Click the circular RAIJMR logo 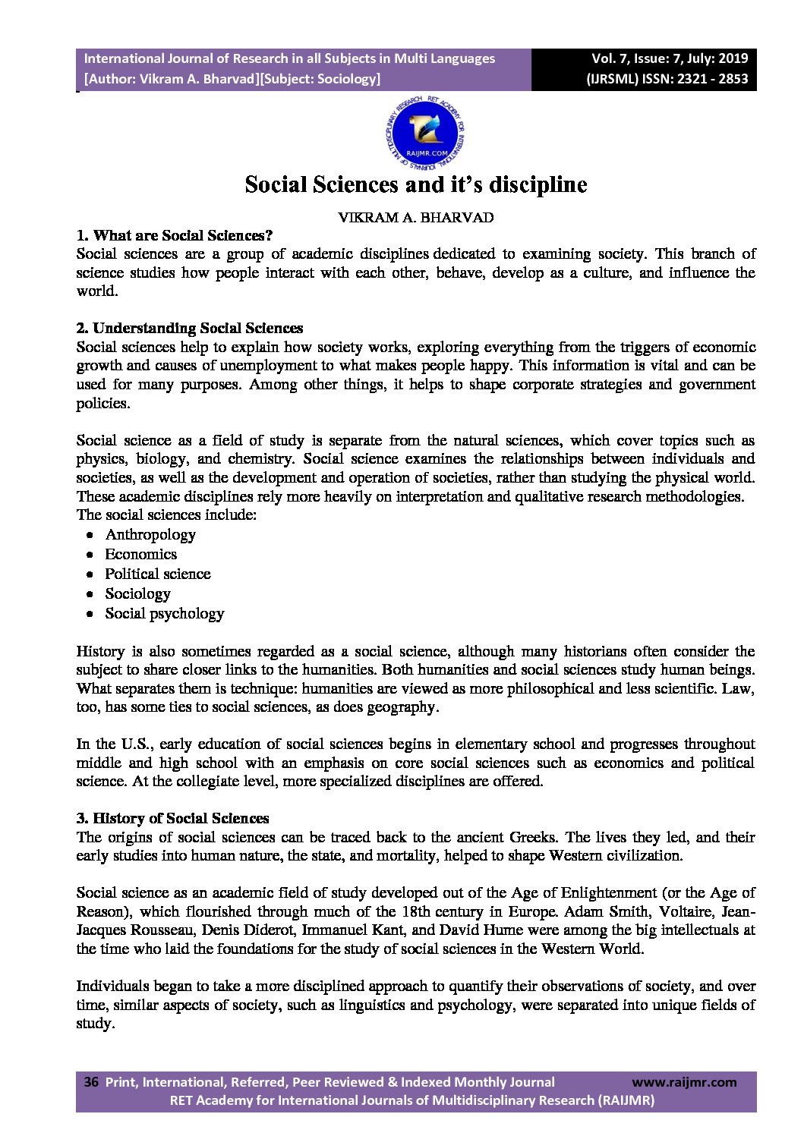pyautogui.click(x=424, y=134)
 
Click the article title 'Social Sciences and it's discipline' pyautogui.click(x=415, y=184)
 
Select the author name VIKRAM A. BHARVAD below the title pyautogui.click(x=415, y=218)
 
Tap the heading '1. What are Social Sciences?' pyautogui.click(x=174, y=235)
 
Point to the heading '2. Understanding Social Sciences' pyautogui.click(x=189, y=329)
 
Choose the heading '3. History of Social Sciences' pyautogui.click(x=172, y=819)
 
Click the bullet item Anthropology pyautogui.click(x=150, y=535)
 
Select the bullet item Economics pyautogui.click(x=140, y=555)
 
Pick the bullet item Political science pyautogui.click(x=157, y=574)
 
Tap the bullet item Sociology pyautogui.click(x=137, y=594)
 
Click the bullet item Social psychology pyautogui.click(x=164, y=614)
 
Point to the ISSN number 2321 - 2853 pyautogui.click(x=710, y=78)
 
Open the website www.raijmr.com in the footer pyautogui.click(x=683, y=1082)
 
